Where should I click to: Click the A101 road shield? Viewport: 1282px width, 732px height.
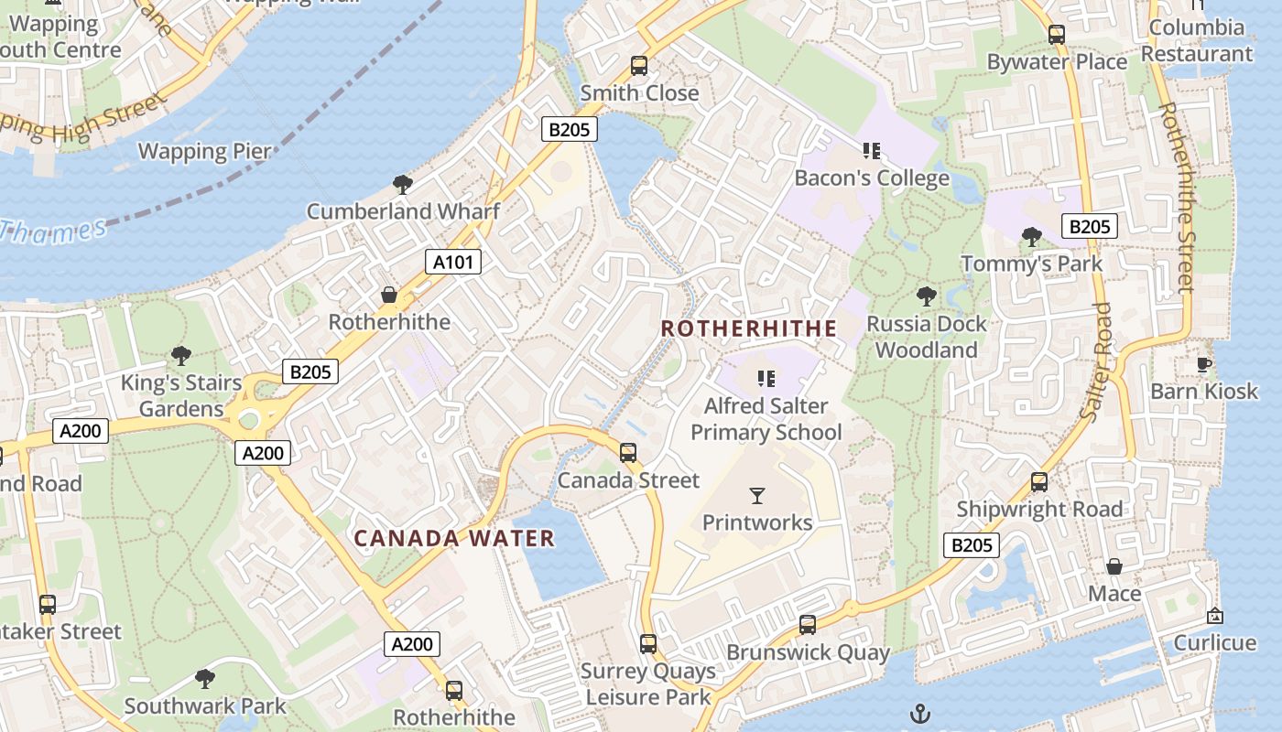point(453,263)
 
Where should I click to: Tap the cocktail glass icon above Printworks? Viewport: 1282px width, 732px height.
point(757,496)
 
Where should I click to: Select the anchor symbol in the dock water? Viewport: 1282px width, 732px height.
point(919,713)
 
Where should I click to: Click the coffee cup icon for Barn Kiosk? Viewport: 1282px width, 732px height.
point(1204,365)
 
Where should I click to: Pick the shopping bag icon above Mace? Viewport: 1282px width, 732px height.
point(1114,566)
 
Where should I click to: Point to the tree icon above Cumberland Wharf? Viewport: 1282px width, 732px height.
point(402,185)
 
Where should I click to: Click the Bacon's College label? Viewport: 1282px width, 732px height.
point(872,178)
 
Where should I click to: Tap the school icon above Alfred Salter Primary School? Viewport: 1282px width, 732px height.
point(766,379)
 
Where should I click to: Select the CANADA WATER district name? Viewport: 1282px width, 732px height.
point(454,539)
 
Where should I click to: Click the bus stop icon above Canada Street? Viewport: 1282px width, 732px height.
point(628,453)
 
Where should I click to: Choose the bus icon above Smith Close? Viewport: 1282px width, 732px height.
point(639,66)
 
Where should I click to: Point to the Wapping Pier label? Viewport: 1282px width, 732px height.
point(204,151)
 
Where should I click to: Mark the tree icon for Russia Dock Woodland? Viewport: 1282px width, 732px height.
point(927,296)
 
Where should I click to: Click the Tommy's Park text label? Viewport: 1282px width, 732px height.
point(1032,264)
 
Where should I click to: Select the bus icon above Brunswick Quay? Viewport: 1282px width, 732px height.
point(808,625)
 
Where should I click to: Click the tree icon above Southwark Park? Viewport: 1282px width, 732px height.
point(205,679)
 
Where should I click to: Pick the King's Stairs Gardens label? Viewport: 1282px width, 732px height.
point(181,395)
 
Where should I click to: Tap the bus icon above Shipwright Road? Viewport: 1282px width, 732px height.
point(1039,482)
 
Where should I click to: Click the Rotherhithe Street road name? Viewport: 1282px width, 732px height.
point(1178,197)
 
